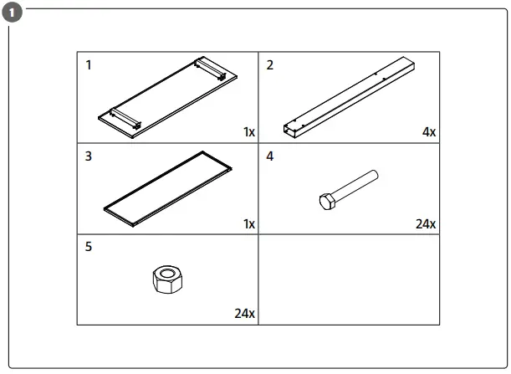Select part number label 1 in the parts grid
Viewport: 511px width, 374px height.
89,65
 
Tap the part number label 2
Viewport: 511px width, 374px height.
268,65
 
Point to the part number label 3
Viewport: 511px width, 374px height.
89,156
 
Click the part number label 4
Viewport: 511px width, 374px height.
269,156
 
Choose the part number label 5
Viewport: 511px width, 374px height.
89,247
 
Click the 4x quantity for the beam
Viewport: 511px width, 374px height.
428,132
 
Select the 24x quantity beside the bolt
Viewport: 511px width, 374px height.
425,223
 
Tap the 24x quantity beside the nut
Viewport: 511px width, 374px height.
244,314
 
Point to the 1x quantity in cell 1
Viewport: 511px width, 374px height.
249,132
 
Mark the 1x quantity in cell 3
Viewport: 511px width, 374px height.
249,223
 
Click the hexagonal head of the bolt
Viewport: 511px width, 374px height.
327,202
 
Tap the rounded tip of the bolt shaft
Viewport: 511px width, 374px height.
377,176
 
